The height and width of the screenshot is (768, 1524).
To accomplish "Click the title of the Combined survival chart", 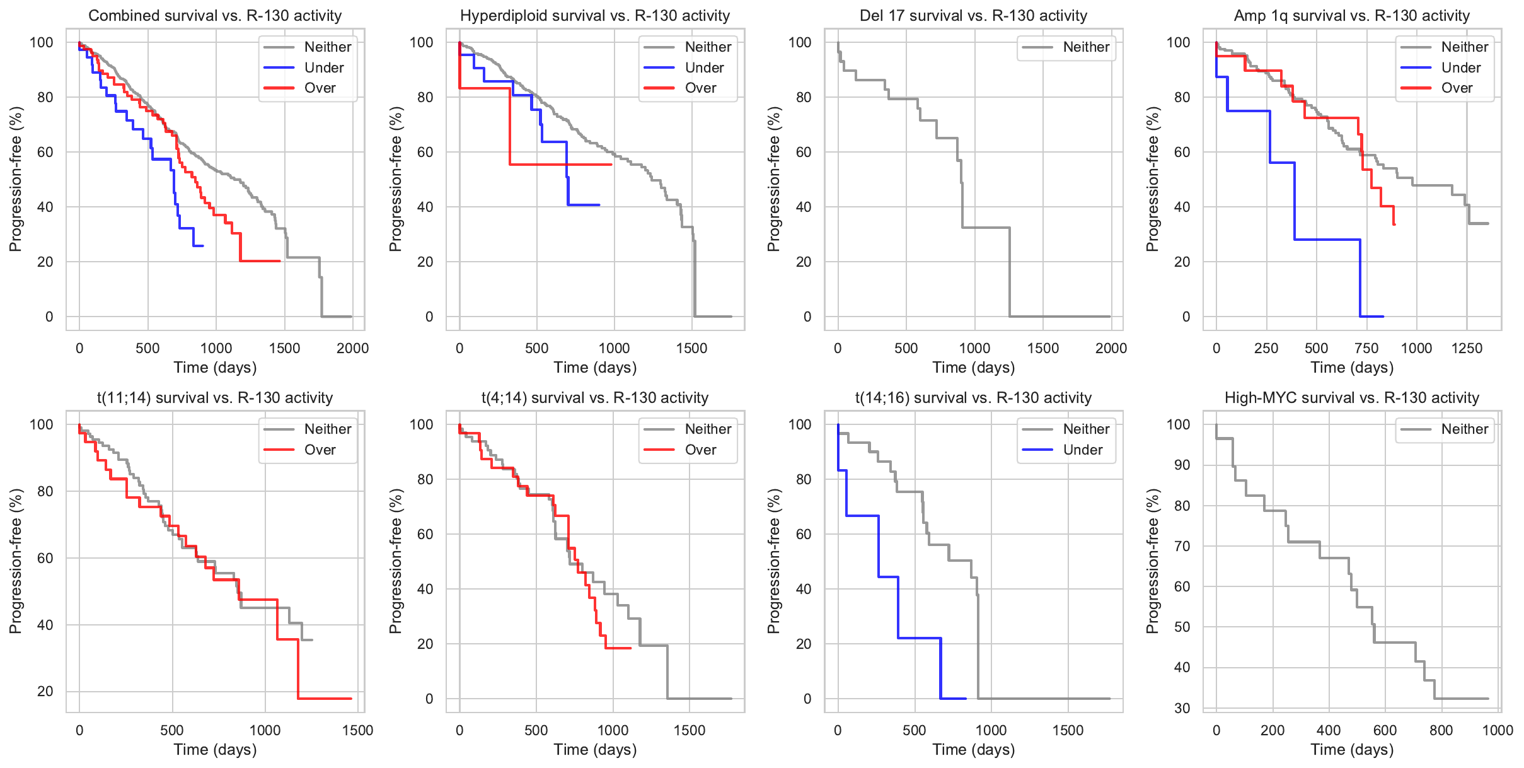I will tap(215, 16).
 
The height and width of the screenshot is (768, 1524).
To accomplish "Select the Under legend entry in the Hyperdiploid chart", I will tap(703, 67).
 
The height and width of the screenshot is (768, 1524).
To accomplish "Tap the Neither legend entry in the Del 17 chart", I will tap(1085, 47).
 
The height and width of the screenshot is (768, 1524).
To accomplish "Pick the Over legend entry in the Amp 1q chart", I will tap(1456, 88).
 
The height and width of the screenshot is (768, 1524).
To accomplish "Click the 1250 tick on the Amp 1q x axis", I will tap(1467, 348).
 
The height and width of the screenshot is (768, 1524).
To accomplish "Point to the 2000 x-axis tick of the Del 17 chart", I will tap(1111, 348).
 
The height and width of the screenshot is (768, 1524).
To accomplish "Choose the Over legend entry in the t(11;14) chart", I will tap(320, 450).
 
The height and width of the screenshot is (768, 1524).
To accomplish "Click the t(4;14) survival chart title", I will tap(595, 398).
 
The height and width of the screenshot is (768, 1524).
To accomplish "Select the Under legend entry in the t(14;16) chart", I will tap(1082, 450).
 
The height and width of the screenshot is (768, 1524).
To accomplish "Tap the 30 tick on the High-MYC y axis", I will tap(1182, 708).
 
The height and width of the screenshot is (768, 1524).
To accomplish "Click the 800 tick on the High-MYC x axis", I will tap(1441, 730).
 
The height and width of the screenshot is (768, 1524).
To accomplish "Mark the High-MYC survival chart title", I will tap(1351, 398).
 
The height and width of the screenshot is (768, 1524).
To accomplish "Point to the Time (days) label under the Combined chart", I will tap(215, 368).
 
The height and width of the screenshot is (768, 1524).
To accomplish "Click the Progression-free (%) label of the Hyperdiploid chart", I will tap(395, 179).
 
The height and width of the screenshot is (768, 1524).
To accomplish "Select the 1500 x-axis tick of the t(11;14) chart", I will tap(357, 730).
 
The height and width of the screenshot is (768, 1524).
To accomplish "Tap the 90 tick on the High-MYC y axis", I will tap(1182, 465).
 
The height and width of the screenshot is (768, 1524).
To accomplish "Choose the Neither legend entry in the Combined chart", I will tap(327, 47).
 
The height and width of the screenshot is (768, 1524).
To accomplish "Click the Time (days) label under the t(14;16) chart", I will tap(973, 750).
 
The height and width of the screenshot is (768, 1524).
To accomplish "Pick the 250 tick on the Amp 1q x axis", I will tap(1266, 348).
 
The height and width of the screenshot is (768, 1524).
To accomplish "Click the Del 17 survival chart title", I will tap(973, 16).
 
